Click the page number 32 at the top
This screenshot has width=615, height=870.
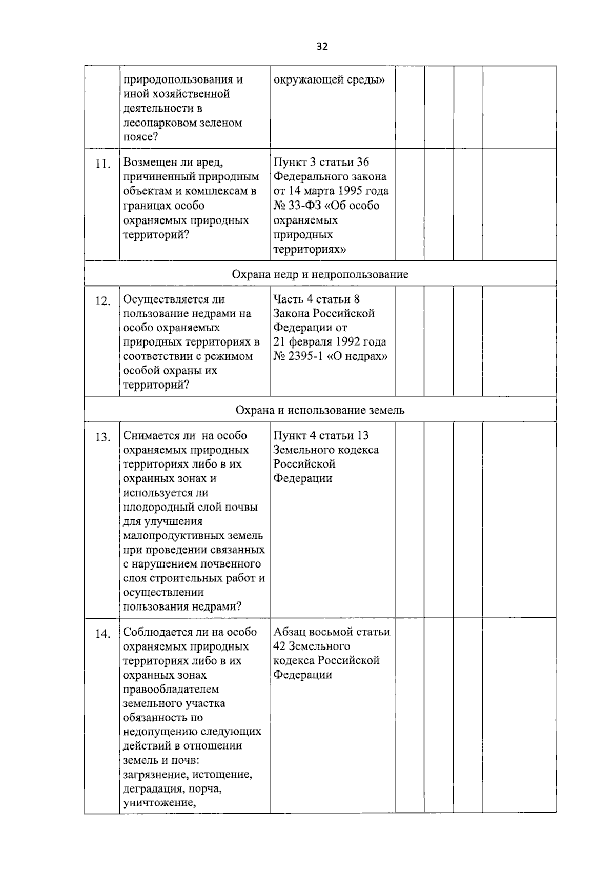coord(322,47)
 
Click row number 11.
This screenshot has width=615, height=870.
coord(103,165)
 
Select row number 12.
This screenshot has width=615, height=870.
coord(103,301)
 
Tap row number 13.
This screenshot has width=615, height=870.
coord(103,438)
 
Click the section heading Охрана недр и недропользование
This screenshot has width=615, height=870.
coord(320,274)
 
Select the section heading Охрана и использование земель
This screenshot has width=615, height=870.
coord(320,410)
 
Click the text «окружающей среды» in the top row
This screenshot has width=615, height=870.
coord(329,80)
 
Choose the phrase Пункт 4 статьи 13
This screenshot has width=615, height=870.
coord(321,436)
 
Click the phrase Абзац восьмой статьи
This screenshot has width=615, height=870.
coord(332,632)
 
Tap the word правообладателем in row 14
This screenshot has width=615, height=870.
coord(171,690)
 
